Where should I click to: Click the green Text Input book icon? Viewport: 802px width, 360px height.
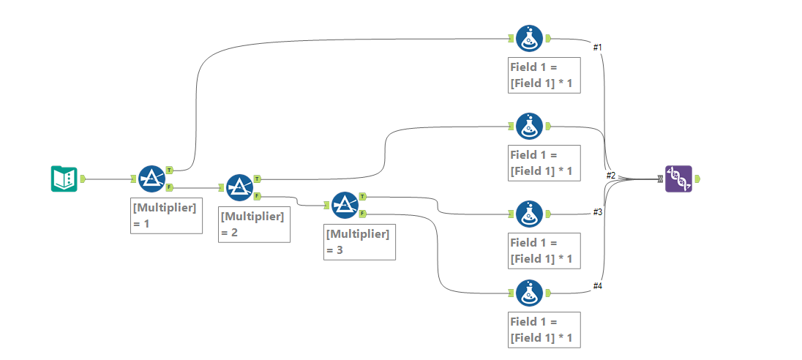click(64, 179)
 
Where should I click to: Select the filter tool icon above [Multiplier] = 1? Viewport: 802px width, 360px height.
click(152, 179)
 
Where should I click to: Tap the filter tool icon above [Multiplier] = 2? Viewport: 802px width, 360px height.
click(240, 187)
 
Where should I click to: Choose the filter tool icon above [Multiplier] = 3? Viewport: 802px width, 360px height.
click(345, 205)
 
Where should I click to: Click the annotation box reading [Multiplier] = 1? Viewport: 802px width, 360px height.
click(166, 215)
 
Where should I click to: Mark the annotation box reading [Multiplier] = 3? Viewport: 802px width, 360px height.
click(359, 241)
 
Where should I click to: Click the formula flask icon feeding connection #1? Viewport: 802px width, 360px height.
click(530, 38)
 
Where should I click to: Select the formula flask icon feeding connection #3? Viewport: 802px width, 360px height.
click(530, 214)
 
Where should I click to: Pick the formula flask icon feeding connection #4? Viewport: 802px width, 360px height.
click(530, 293)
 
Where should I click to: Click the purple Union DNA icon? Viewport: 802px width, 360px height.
click(678, 179)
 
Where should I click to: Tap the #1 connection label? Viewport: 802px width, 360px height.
click(597, 47)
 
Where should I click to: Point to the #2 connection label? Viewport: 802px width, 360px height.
click(611, 176)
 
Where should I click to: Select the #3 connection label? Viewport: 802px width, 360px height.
click(597, 211)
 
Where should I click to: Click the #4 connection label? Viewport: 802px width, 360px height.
click(597, 285)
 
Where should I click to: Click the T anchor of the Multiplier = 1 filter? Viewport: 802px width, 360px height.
click(169, 169)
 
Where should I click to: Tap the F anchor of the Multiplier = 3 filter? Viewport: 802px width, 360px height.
click(364, 214)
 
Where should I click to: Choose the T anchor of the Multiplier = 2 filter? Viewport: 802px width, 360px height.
click(258, 178)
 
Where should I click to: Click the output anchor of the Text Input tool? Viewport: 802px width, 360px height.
click(83, 179)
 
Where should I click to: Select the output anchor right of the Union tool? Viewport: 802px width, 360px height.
click(698, 179)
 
